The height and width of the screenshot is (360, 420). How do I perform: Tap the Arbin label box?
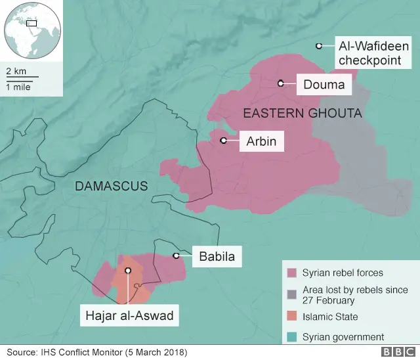[x=261, y=141]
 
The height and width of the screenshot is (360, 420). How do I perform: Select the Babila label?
[x=216, y=256]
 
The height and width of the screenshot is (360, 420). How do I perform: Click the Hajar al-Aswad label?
[x=129, y=316]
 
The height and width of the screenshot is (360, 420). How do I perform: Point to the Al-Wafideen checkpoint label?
[x=372, y=53]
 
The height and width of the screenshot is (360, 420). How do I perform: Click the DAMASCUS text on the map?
[x=112, y=186]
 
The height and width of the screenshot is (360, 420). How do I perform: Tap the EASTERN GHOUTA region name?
[x=303, y=114]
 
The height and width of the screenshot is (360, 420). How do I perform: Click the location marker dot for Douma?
[x=280, y=83]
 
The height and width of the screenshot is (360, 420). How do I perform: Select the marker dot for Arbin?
[x=223, y=140]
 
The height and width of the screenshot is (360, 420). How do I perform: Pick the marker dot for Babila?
[x=176, y=256]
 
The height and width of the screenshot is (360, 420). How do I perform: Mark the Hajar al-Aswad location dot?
[x=128, y=270]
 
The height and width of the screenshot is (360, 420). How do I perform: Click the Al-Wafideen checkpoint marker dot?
[x=318, y=46]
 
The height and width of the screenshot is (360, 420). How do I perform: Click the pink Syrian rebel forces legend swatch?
[x=291, y=273]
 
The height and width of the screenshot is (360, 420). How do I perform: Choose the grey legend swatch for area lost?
[x=291, y=291]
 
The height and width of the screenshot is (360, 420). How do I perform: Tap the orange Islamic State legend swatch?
[x=291, y=317]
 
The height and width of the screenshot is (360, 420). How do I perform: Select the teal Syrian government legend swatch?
[x=291, y=337]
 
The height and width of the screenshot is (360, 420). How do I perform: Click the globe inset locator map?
[x=31, y=30]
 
